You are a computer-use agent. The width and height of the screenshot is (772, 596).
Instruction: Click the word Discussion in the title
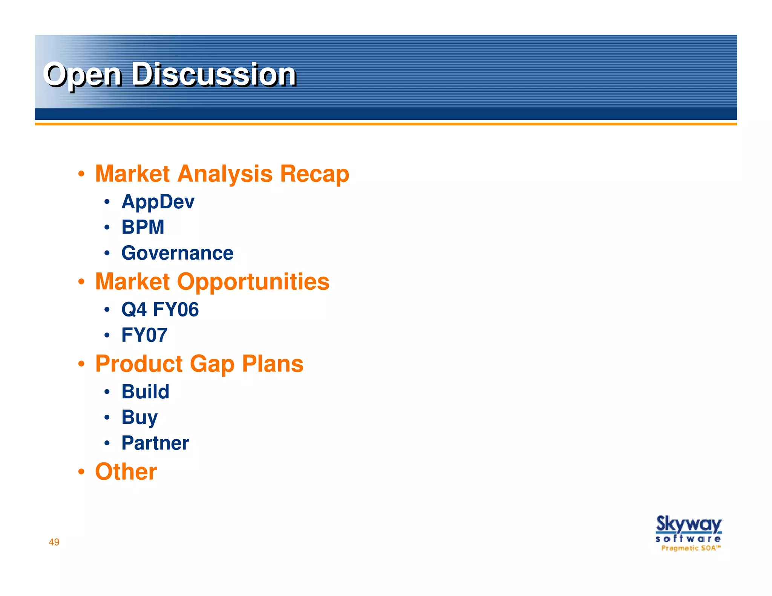213,75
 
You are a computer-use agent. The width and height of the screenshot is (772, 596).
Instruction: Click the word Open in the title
83,75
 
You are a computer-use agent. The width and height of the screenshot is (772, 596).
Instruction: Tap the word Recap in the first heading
314,174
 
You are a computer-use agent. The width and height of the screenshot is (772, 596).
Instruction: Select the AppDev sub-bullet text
158,202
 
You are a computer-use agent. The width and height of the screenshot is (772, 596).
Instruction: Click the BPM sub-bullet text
142,227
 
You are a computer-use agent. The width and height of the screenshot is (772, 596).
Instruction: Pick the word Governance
177,253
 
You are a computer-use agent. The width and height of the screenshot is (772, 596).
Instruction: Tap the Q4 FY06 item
160,310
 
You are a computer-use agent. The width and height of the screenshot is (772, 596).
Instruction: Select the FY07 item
144,335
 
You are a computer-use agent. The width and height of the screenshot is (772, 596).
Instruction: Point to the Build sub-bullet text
145,391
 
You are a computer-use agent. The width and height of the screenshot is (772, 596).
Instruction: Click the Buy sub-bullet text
139,417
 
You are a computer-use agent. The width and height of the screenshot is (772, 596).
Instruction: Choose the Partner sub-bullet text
155,443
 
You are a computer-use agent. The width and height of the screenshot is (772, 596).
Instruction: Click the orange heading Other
126,472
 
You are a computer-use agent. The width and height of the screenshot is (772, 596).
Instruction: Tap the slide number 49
54,542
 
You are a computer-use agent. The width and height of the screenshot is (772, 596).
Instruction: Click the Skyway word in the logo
688,524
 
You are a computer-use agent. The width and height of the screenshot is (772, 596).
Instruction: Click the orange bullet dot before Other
81,472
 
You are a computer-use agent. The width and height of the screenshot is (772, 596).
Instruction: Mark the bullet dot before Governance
107,253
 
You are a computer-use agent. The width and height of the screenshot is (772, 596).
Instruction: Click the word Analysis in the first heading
225,174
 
